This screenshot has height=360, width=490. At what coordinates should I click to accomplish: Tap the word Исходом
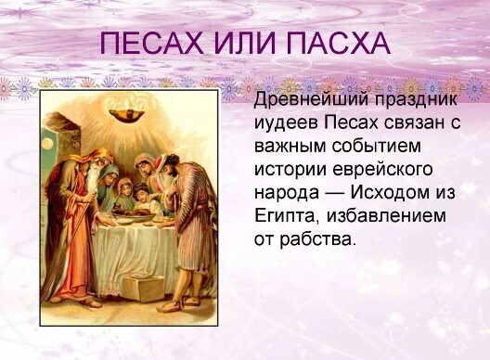pyautogui.click(x=396, y=193)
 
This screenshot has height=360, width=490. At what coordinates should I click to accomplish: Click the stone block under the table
pyautogui.click(x=148, y=289)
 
